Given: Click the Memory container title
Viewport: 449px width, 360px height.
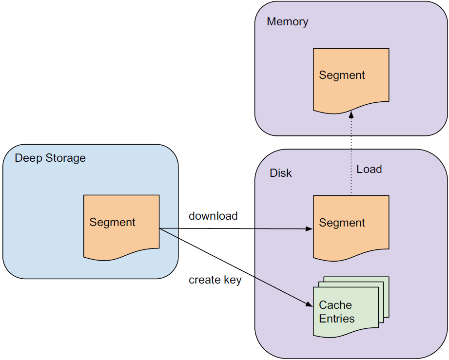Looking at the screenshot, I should click(288, 22).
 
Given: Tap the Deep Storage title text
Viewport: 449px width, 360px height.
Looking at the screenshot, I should click(50, 158).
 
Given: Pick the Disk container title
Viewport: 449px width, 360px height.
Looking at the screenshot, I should click(281, 173).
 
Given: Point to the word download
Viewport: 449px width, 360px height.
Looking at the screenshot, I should click(213, 216).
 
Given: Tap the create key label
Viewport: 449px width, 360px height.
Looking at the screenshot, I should click(215, 280).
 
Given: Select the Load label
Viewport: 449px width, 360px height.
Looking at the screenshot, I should click(369, 170).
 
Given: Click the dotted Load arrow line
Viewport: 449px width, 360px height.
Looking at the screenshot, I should click(351, 156).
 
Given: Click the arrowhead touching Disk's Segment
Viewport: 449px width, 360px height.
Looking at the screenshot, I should click(309, 228).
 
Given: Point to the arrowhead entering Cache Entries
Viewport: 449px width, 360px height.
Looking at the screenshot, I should click(309, 304).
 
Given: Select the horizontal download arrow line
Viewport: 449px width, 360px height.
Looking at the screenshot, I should click(234, 228).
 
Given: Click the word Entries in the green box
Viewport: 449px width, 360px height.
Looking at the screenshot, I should click(337, 319).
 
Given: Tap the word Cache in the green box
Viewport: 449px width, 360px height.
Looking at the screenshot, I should click(335, 305).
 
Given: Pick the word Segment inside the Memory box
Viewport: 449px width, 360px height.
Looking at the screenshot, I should click(342, 75).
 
